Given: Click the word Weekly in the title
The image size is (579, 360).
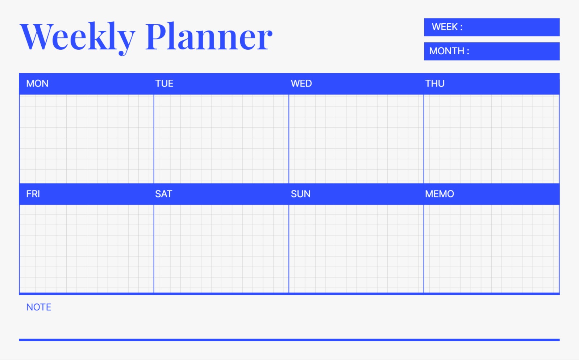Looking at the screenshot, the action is coord(77,38).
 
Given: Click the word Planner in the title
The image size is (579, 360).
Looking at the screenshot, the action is coord(209,36).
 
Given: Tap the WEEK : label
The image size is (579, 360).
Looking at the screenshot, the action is coord(447,27).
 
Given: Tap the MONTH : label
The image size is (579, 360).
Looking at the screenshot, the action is coord(449,51).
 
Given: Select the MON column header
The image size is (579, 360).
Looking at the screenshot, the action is coord(37,83).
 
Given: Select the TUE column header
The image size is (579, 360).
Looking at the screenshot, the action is coord(164,83).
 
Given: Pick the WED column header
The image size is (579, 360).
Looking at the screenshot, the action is coord(301,83).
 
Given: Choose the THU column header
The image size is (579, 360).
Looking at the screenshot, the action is coord(435,83).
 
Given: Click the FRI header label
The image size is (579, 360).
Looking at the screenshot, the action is coord(33,194).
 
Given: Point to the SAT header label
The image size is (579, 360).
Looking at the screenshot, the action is coord(164,194).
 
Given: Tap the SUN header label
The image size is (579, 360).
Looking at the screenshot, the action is coord(301,194).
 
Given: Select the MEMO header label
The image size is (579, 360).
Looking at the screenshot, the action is coord(440,194).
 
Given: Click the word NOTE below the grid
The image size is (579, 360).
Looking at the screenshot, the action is coord(39,307).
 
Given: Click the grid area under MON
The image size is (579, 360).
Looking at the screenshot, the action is coord(87,139).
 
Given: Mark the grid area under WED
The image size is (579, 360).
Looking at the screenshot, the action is coord(356,139).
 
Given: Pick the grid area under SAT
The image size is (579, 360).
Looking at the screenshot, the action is coord(221,249).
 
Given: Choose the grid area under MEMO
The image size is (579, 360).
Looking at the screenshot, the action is coord(491,249).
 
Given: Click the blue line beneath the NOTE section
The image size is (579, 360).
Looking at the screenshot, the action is coord(289,340).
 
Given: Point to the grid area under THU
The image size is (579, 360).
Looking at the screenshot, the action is coord(491,139).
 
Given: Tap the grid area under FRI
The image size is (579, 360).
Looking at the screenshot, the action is coord(87,249).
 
